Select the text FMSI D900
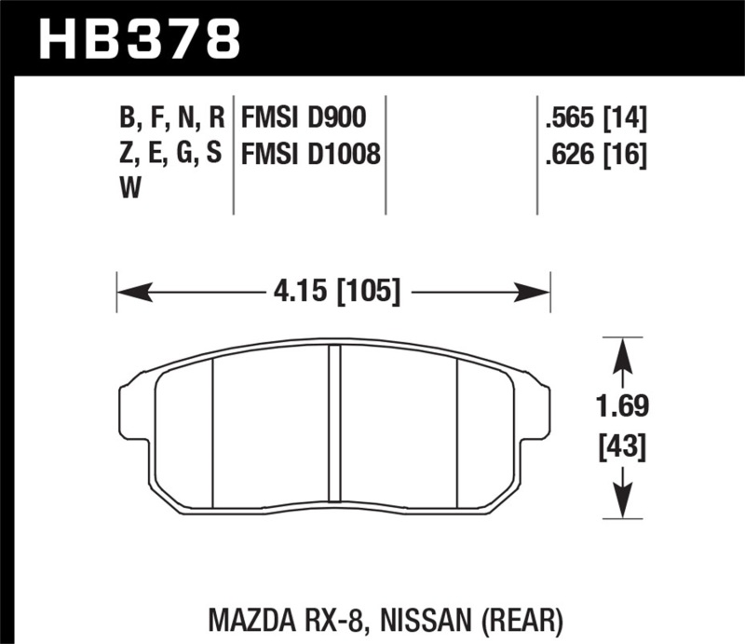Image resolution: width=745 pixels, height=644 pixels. (303, 117)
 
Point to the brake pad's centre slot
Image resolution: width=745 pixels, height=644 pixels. (334, 424)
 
